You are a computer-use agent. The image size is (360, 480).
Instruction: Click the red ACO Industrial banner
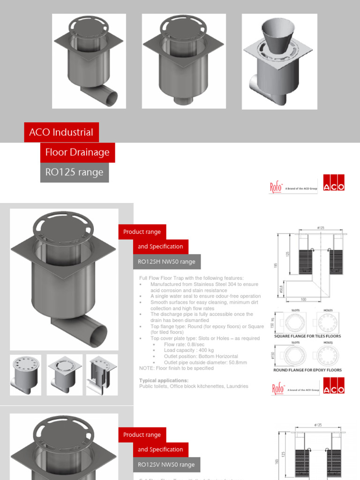point(61,132)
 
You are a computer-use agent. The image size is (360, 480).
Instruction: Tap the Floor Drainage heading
point(77,152)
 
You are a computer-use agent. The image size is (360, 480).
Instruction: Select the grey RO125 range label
point(74,172)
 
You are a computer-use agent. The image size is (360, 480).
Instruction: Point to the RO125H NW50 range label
point(166,262)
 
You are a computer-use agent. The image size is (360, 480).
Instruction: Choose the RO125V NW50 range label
point(166,465)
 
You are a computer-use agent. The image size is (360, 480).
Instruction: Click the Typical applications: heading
point(164,381)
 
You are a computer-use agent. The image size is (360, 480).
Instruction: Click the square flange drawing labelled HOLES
point(328,322)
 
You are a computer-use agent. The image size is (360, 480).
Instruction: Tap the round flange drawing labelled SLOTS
point(295,355)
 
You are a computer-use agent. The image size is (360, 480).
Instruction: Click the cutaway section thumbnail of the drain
point(102,375)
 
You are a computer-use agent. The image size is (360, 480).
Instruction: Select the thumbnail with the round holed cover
point(25,375)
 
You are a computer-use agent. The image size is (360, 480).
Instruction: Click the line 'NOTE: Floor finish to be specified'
point(176,368)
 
